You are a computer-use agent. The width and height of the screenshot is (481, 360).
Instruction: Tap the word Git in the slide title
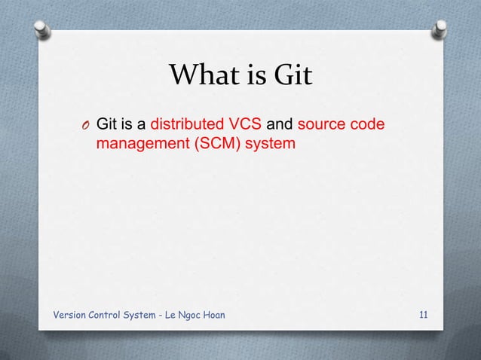290,75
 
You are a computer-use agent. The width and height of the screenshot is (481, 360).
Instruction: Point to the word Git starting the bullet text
108,124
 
